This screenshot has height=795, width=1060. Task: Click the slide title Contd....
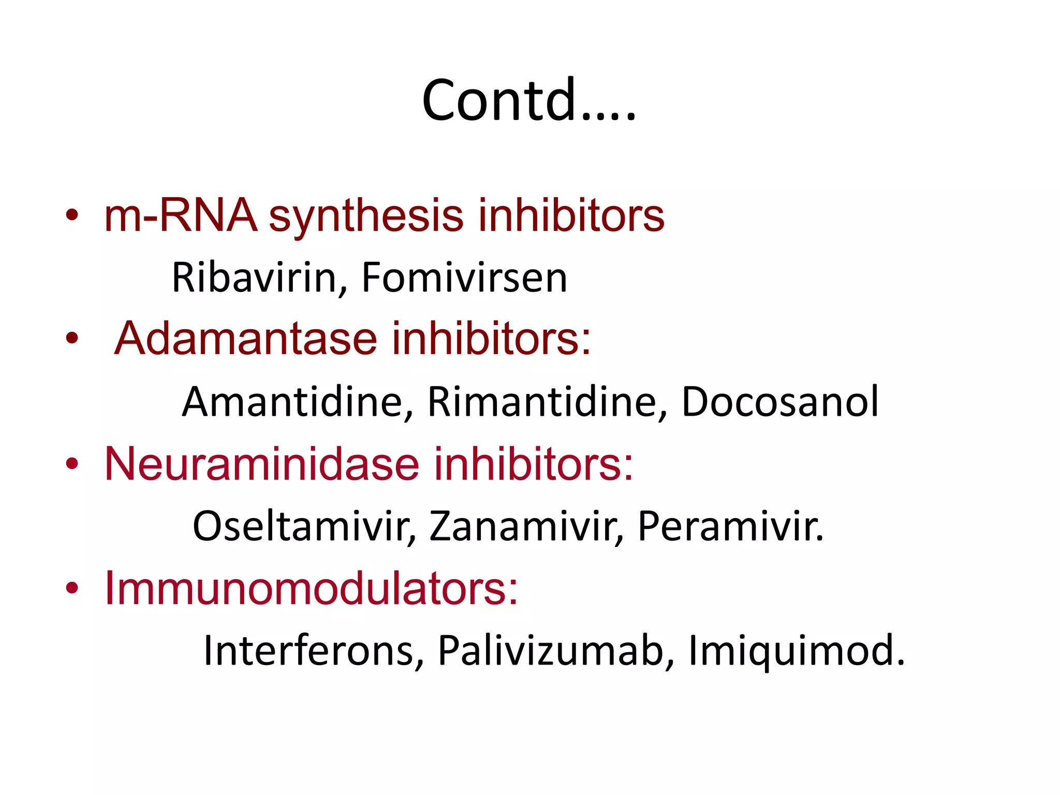tap(528, 100)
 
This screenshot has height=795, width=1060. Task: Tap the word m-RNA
tap(180, 215)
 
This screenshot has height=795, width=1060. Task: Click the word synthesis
tap(366, 216)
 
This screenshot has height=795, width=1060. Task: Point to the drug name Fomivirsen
tap(464, 278)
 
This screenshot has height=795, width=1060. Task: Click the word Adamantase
tap(245, 338)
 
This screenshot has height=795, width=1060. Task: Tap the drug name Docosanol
tap(780, 402)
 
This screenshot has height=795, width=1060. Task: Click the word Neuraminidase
tap(261, 464)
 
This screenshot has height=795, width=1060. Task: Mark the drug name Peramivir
tap(730, 526)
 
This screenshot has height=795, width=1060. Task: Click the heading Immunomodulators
tap(311, 588)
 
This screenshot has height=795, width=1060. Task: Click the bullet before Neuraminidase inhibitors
tap(72, 464)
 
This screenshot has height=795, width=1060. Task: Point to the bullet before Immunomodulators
tap(72, 588)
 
